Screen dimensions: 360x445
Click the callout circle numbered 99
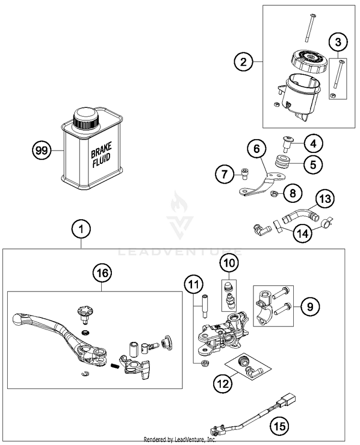point(41,151)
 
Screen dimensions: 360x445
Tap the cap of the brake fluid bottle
point(86,119)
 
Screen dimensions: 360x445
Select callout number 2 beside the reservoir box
point(243,61)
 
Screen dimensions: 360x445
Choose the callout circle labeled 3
point(338,42)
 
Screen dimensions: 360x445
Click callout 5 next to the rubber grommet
point(313,164)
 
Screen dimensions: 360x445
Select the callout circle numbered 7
point(225,174)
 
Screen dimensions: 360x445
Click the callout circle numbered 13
point(325,199)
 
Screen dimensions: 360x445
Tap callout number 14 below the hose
point(302,233)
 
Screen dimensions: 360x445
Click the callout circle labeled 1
point(82,229)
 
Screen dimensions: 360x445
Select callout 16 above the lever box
point(102,273)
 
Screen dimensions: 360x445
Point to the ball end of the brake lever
point(18,320)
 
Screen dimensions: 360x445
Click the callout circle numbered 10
point(229,263)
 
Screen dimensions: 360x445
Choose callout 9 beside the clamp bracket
point(310,306)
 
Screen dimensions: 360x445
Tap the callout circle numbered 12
point(223,384)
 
